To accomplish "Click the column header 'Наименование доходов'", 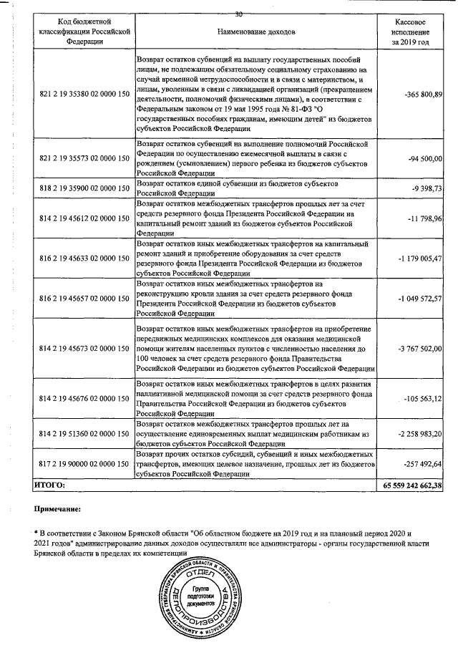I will tap(255, 32).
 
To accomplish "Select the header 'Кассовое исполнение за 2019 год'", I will tap(411, 32).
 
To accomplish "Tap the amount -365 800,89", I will tap(423, 95).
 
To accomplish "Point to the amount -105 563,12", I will tap(424, 398).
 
